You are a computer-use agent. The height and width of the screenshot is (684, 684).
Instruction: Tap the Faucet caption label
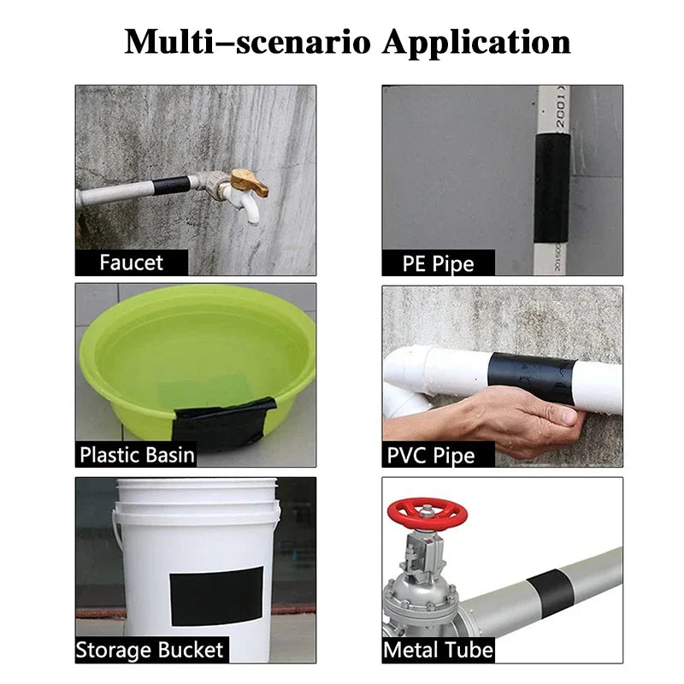[x=131, y=262]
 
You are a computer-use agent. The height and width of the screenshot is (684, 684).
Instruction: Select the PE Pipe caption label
[x=438, y=262]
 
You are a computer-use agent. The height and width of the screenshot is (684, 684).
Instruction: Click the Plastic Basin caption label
[x=137, y=454]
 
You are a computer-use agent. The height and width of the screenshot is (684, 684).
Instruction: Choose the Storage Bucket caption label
[x=150, y=650]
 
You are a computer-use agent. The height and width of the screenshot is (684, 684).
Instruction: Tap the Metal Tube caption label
[x=438, y=650]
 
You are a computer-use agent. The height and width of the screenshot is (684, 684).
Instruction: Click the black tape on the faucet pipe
[x=171, y=185]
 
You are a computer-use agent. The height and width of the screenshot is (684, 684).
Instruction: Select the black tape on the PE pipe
[x=551, y=176]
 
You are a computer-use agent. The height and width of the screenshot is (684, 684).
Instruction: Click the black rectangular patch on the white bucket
[x=215, y=595]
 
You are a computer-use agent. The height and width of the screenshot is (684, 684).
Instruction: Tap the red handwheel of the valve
[x=427, y=513]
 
